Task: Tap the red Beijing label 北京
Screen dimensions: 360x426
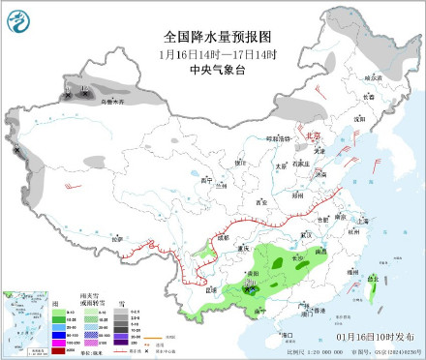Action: click(312, 137)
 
